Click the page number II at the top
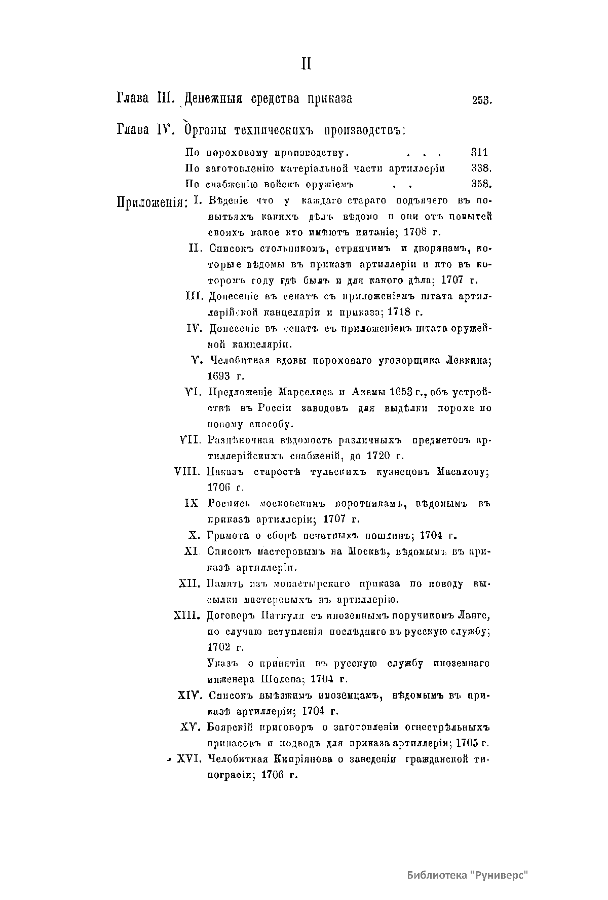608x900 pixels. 306,64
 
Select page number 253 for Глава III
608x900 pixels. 482,100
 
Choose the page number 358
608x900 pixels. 481,184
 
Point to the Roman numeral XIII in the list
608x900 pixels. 188,616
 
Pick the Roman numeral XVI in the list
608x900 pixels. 190,759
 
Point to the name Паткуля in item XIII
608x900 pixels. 283,616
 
